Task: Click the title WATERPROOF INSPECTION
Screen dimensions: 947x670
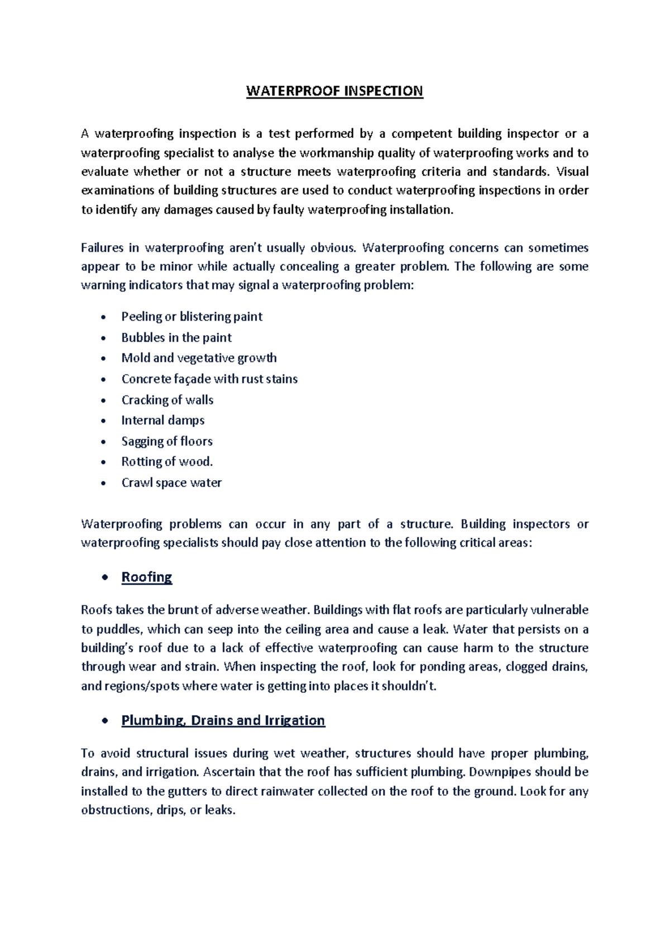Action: pos(334,91)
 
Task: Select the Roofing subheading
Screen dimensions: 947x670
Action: pos(146,577)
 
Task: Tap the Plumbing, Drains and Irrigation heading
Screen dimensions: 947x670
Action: pos(223,720)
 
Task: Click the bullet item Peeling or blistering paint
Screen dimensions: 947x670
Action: pos(192,317)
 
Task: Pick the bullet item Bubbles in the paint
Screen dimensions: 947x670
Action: pos(176,337)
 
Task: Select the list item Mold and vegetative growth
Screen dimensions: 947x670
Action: pos(199,358)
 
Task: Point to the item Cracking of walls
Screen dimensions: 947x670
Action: pos(167,400)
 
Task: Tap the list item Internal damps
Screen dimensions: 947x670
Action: pos(162,420)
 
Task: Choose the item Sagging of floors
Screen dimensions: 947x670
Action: pos(167,441)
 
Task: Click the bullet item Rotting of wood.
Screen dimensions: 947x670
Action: pos(167,462)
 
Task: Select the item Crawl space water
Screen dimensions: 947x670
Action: pos(171,482)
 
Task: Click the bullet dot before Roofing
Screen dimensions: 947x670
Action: pos(104,578)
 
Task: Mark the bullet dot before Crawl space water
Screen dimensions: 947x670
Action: pos(103,484)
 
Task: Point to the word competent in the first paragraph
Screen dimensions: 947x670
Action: pos(422,133)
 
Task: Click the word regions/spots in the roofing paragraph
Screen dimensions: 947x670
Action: pos(142,686)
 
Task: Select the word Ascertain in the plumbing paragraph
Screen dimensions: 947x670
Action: pos(229,772)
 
